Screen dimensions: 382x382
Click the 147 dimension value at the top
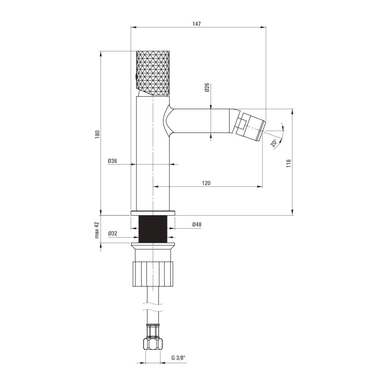[x=196, y=24]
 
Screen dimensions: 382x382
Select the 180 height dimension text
[x=97, y=134]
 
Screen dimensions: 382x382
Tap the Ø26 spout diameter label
[x=207, y=87]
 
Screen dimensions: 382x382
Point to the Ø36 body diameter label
[x=112, y=161]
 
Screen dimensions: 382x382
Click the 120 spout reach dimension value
[x=206, y=183]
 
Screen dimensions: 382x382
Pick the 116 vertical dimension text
[x=288, y=163]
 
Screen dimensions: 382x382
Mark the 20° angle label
[x=274, y=143]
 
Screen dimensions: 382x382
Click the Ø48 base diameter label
[x=197, y=224]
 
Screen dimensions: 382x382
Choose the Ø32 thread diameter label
[x=113, y=234]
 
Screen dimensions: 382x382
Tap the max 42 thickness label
[x=97, y=230]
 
